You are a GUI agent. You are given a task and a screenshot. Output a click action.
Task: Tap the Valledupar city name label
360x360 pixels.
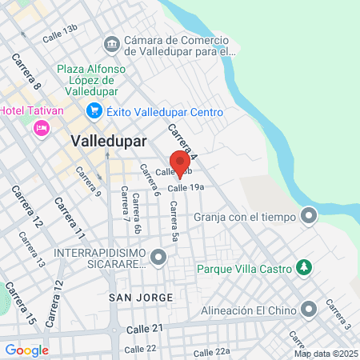point(108,140)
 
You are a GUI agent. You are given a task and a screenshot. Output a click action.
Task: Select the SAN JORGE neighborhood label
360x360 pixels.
point(141,298)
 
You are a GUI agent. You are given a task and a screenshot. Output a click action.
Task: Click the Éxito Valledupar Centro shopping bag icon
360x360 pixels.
point(94,112)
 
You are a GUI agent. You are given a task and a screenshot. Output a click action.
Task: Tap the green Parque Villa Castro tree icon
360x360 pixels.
point(303,266)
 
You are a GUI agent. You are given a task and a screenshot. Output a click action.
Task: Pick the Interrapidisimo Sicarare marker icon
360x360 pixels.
point(158,258)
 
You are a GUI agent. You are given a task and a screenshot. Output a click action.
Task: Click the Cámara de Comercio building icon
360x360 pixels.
point(112,42)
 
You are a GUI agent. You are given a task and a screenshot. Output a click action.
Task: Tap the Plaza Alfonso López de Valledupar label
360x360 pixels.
point(90,80)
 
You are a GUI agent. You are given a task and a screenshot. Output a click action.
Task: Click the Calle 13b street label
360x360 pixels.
point(60,33)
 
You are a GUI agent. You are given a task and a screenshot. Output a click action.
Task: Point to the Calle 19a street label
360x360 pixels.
point(186,186)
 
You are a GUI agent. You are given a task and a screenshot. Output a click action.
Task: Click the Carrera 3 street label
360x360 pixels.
point(337,314)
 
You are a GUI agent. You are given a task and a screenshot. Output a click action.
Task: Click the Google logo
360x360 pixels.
point(26,350)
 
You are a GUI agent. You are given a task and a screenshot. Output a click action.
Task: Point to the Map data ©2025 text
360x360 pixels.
point(325,353)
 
